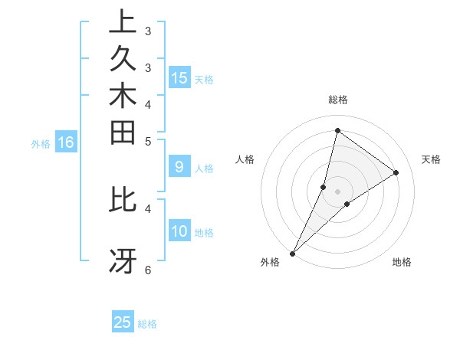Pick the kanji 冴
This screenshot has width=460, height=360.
click(x=123, y=260)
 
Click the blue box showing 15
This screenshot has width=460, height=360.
click(x=179, y=77)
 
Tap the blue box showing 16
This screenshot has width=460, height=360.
click(x=66, y=142)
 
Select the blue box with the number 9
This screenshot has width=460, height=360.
click(x=179, y=166)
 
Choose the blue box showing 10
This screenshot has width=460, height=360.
click(x=179, y=231)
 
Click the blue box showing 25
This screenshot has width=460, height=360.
click(x=123, y=322)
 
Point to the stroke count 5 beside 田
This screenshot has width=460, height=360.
click(x=148, y=141)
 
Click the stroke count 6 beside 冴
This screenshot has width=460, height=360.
click(x=148, y=270)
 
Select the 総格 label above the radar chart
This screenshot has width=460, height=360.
click(x=338, y=100)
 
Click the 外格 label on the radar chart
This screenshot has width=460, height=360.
click(x=270, y=262)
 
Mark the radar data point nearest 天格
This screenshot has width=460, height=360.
click(x=396, y=172)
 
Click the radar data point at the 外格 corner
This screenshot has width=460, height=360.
click(x=293, y=254)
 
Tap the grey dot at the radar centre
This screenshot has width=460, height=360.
click(x=338, y=191)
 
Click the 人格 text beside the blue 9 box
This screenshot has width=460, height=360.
click(x=204, y=169)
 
